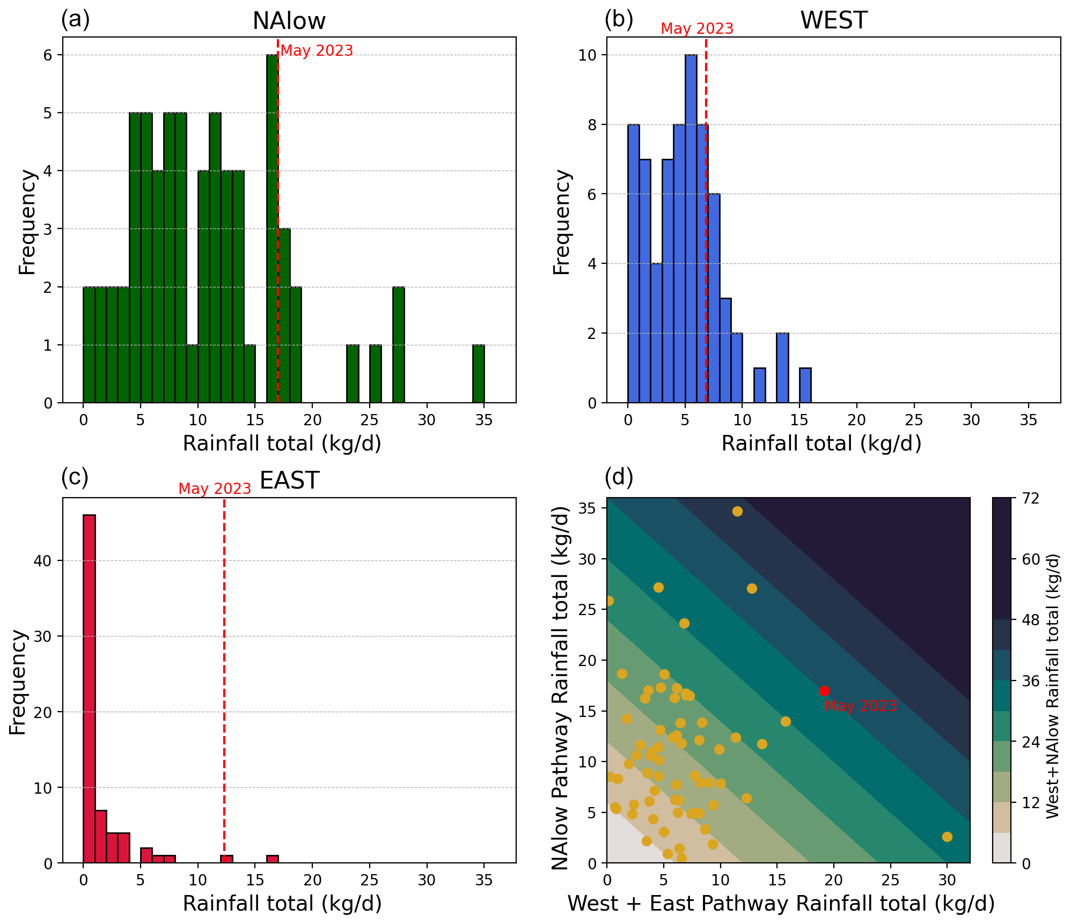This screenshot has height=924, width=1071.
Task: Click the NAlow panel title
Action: coord(289,21)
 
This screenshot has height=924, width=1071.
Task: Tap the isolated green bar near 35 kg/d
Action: coord(478,374)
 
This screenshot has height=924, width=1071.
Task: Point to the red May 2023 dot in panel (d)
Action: coord(824,691)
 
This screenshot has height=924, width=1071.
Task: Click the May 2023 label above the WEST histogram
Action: coord(696,28)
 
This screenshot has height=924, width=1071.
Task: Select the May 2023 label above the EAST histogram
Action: coord(215,489)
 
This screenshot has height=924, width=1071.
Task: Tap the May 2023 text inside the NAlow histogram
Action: coord(317,51)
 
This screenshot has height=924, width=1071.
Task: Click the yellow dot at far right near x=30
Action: coord(947,837)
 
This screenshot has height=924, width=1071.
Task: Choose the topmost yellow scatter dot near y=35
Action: coord(737,511)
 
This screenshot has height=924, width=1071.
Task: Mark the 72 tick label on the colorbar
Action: coord(1030,499)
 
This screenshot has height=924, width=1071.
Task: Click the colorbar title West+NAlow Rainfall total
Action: coord(1053,686)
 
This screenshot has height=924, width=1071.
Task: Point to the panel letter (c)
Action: coord(75,477)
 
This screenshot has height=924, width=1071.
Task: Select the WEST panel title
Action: coord(833,21)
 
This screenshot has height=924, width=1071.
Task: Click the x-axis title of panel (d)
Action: coord(781,904)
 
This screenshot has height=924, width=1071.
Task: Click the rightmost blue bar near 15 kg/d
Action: coord(805,385)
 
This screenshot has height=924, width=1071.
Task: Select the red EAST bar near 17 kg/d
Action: coord(272,859)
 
